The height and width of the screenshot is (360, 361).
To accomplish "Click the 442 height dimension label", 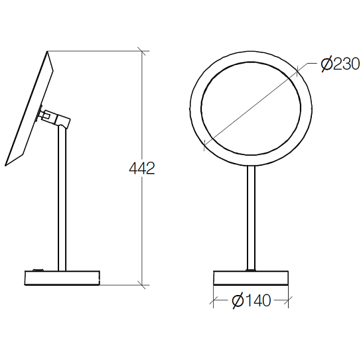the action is pyautogui.click(x=142, y=168).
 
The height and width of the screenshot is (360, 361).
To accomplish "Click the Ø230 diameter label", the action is pyautogui.click(x=340, y=64).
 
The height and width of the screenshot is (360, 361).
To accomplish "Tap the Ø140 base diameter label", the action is pyautogui.click(x=252, y=300).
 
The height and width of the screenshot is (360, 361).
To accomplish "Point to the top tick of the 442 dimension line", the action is pyautogui.click(x=141, y=51).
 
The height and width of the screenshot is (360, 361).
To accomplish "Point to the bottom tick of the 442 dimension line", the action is pyautogui.click(x=141, y=285).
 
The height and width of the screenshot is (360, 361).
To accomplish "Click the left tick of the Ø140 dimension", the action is pyautogui.click(x=214, y=300).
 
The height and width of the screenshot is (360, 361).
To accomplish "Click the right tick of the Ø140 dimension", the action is pyautogui.click(x=288, y=300).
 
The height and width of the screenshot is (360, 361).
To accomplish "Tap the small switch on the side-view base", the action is pyautogui.click(x=38, y=270).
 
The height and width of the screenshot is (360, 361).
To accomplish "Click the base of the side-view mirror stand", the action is pyautogui.click(x=62, y=278).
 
